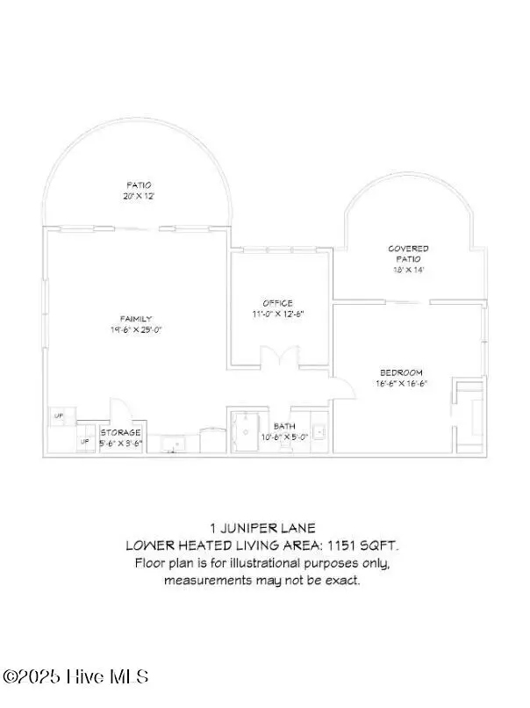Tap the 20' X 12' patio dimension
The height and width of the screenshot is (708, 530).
point(138,197)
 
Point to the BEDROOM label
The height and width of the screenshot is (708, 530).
point(401,372)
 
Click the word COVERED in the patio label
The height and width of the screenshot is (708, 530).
point(408,249)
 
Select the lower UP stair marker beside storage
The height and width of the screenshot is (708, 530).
point(85,441)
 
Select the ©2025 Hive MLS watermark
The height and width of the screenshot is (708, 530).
point(75,676)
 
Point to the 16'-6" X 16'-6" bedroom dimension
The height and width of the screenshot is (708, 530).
point(401,383)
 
